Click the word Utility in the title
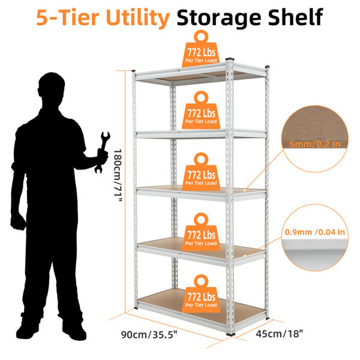tap(138, 17)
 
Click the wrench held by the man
tap(102, 152)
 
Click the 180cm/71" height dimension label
tap(118, 175)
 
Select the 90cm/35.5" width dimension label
tap(149, 335)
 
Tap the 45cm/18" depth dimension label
tap(280, 334)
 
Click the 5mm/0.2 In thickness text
tap(314, 144)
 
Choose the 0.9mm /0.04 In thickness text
tap(315, 232)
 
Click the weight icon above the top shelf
tap(201, 49)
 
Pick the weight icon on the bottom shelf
tap(201, 293)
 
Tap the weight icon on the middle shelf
tap(201, 172)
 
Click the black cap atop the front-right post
tap(230, 59)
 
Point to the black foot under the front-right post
tap(230, 334)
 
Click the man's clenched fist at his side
tap(18, 222)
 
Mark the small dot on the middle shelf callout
tap(245, 190)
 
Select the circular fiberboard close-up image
tap(315, 139)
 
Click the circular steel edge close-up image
tap(315, 238)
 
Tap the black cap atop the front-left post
tap(133, 71)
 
